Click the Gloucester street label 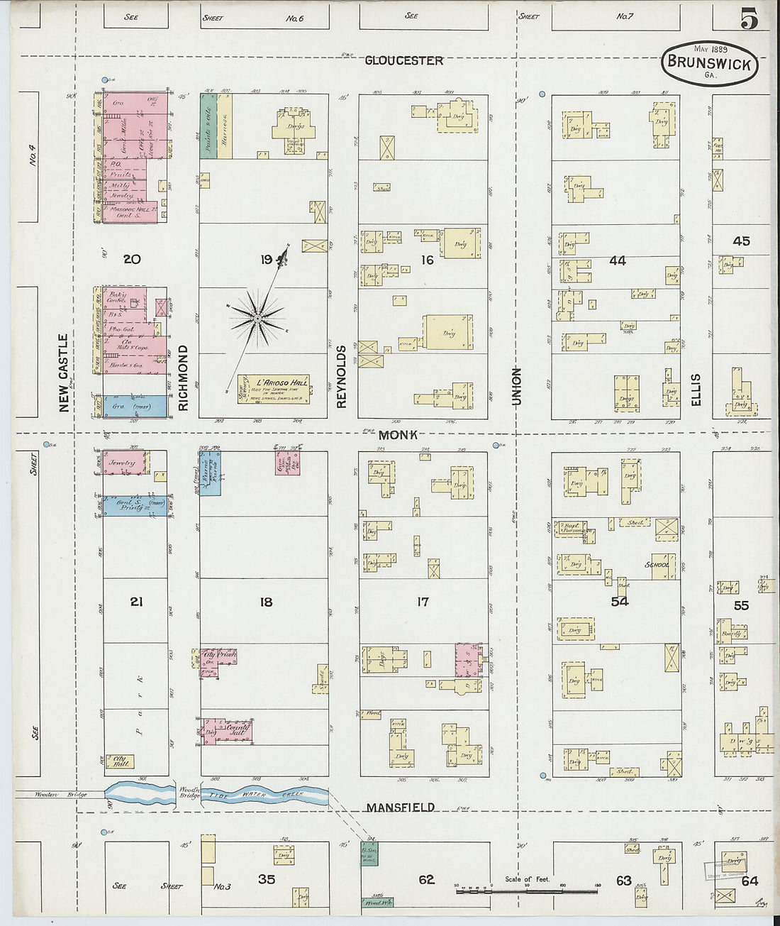(403, 61)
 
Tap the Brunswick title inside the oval (710, 63)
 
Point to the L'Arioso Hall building (273, 390)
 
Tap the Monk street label (398, 435)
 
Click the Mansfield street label (400, 808)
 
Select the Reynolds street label (342, 377)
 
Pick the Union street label (516, 387)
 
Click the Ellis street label (696, 390)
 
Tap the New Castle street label (64, 373)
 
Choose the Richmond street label (184, 377)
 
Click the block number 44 (617, 261)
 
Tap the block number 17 (423, 602)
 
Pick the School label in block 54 (657, 565)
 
